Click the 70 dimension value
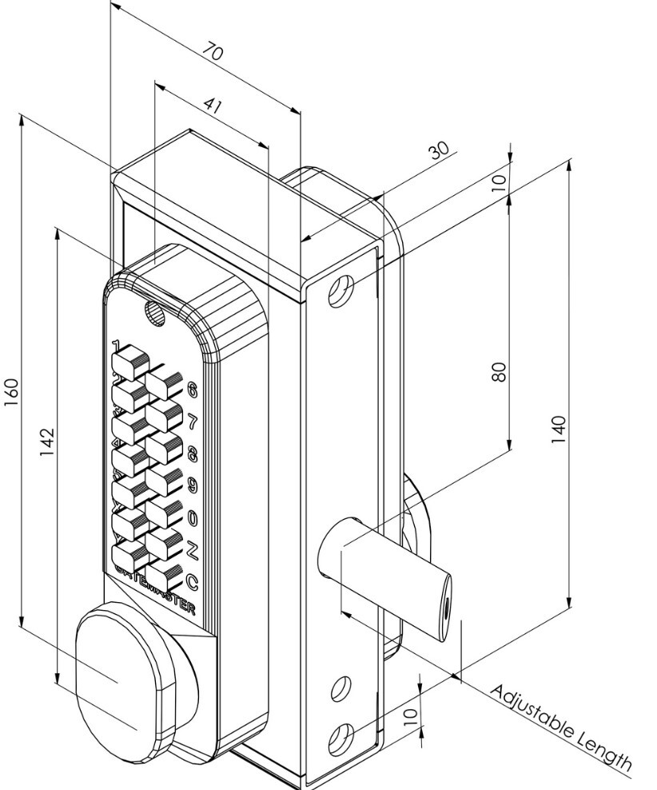[213, 54]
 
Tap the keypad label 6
[192, 389]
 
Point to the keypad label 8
[192, 453]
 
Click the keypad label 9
[192, 485]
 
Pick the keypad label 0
[192, 517]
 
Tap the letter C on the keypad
[192, 581]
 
